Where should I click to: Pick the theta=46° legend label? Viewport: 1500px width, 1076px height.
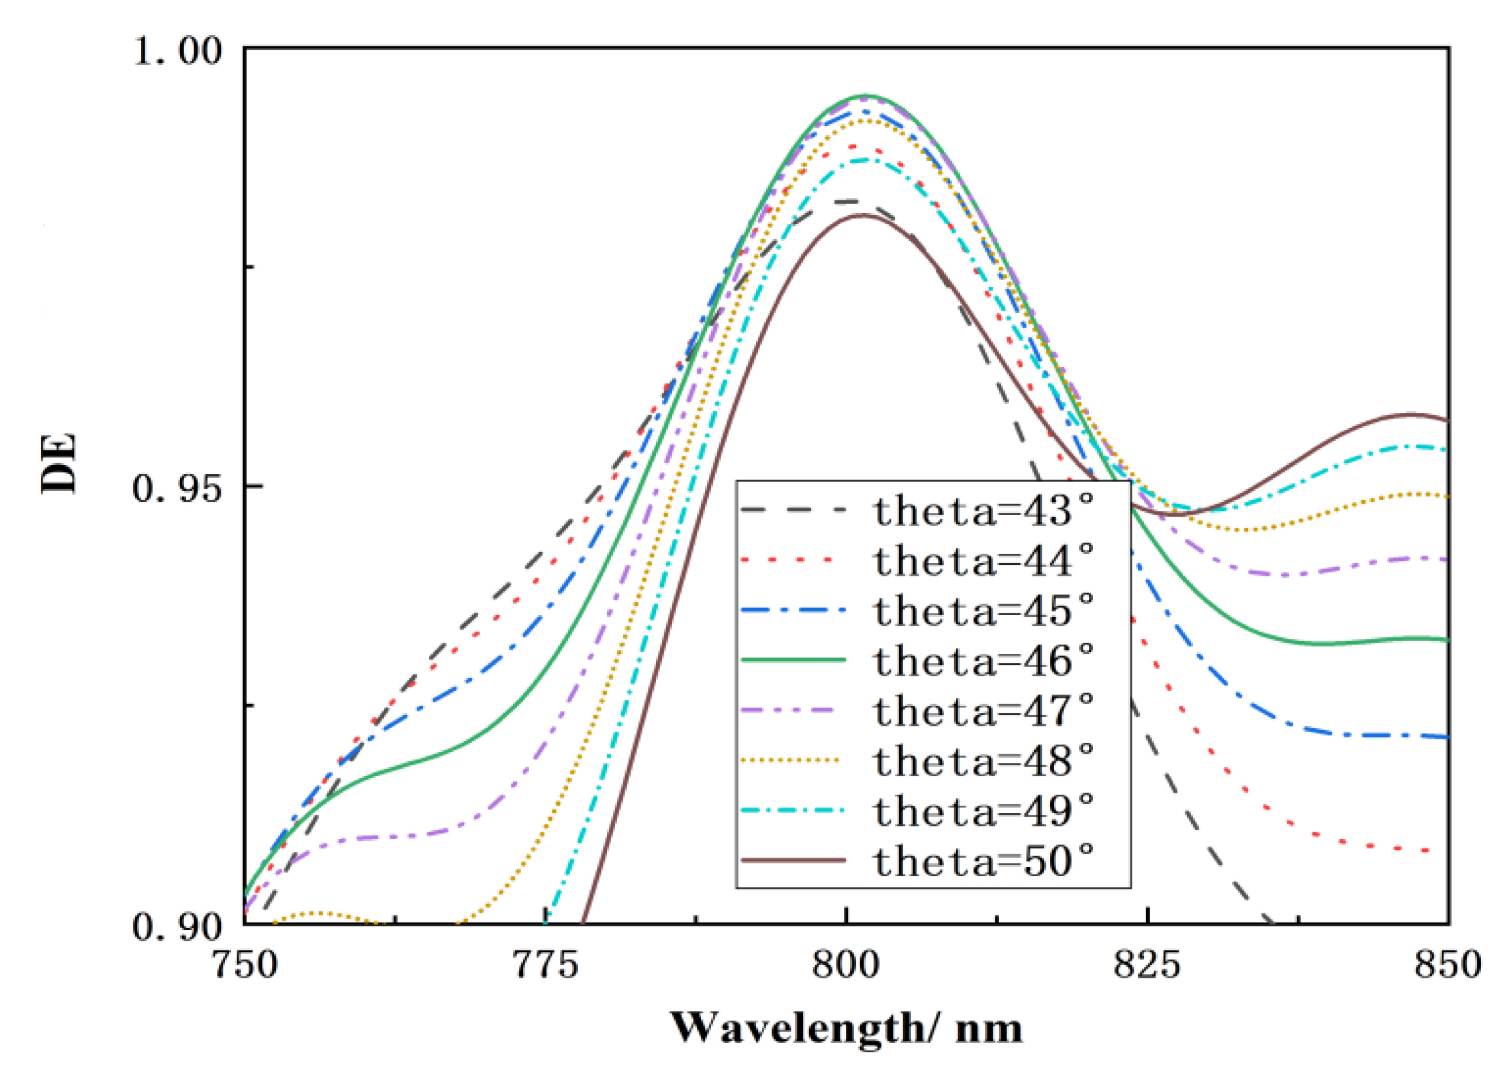click(x=983, y=660)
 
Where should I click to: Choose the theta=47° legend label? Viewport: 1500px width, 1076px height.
click(x=983, y=710)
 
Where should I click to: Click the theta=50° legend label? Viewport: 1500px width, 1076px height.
click(x=983, y=860)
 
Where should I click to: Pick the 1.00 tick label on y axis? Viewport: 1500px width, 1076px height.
click(x=177, y=51)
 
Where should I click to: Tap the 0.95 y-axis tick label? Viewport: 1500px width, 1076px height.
click(x=177, y=489)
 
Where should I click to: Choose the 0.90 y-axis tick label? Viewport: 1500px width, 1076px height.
click(x=177, y=926)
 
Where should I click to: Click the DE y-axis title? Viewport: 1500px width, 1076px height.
click(x=59, y=463)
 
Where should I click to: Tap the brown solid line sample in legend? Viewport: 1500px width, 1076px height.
click(x=794, y=860)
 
